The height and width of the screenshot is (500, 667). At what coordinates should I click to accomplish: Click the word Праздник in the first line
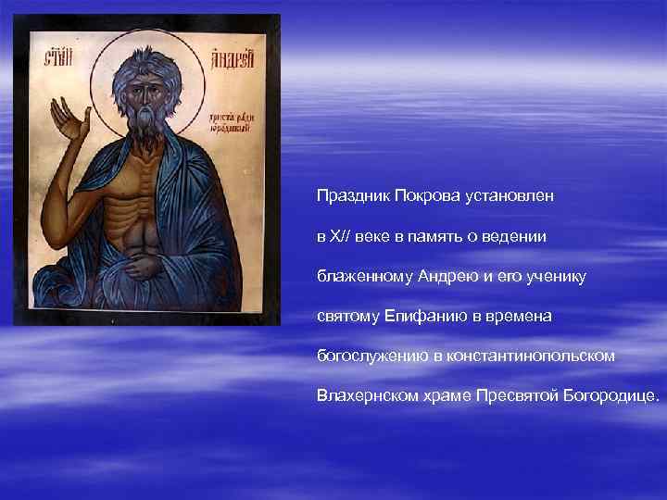(x=348, y=197)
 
